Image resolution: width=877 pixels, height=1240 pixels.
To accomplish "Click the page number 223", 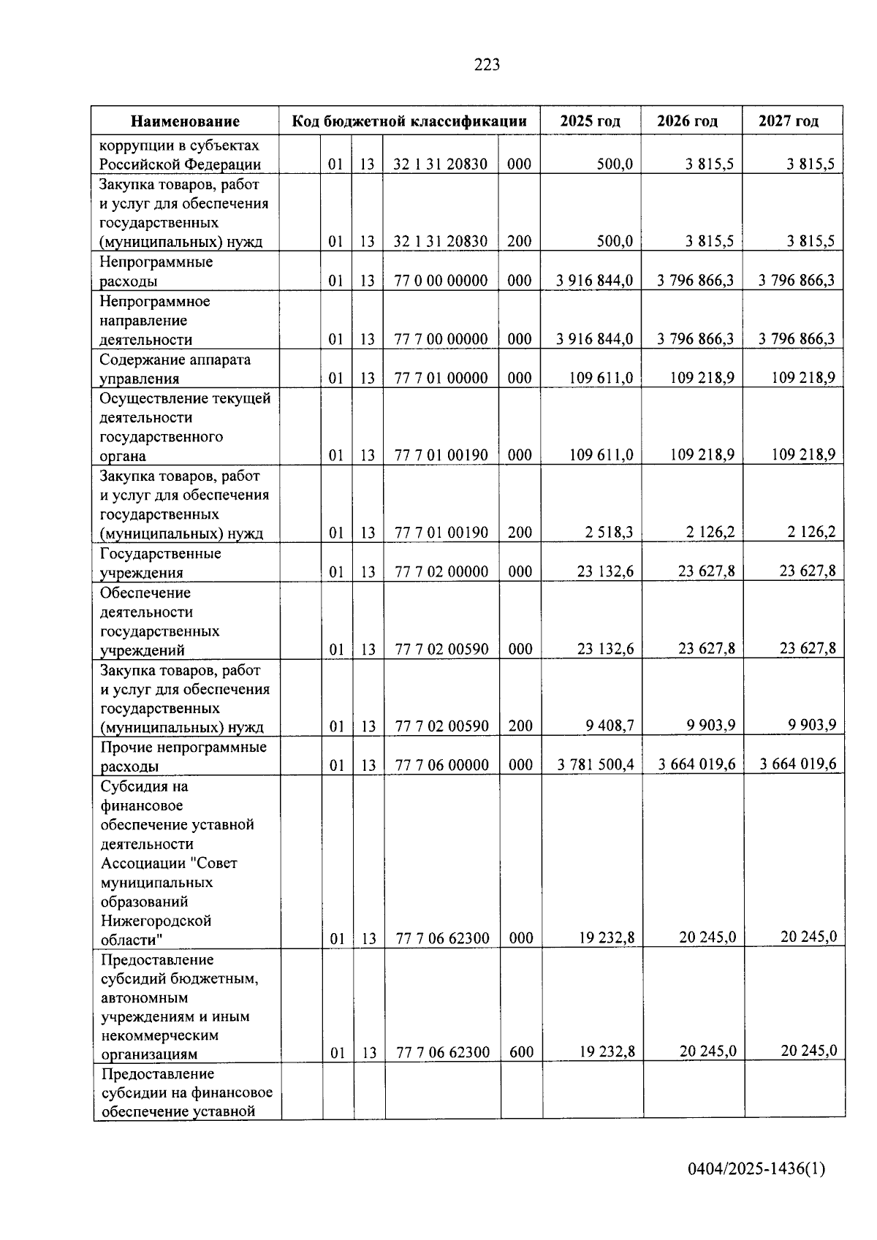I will (487, 65).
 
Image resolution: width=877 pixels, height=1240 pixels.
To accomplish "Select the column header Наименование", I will (185, 121).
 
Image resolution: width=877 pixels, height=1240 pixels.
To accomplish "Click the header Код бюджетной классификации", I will (409, 121).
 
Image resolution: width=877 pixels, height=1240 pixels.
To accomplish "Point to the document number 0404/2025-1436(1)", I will (756, 1169).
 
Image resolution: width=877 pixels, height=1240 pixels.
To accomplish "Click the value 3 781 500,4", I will (596, 764).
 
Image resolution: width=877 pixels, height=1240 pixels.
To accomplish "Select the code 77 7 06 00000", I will (441, 765).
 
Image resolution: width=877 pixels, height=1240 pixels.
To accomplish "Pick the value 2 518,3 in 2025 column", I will (608, 533).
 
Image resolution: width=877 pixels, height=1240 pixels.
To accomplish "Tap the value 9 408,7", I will (609, 726).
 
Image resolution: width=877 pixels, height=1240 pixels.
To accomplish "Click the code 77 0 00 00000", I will (441, 281).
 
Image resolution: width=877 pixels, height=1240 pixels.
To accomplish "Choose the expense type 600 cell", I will (521, 1052).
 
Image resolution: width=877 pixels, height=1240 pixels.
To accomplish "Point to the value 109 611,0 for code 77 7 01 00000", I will (601, 378).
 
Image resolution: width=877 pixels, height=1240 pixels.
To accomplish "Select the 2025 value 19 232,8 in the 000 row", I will (607, 937).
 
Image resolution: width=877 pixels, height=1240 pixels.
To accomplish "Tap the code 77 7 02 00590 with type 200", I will (441, 726).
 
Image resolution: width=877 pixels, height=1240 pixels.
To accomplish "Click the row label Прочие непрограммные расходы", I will (183, 756).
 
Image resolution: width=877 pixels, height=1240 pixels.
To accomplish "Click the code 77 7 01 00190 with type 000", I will (441, 455).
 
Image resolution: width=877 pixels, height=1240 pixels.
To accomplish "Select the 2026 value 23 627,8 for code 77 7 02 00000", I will (706, 571).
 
